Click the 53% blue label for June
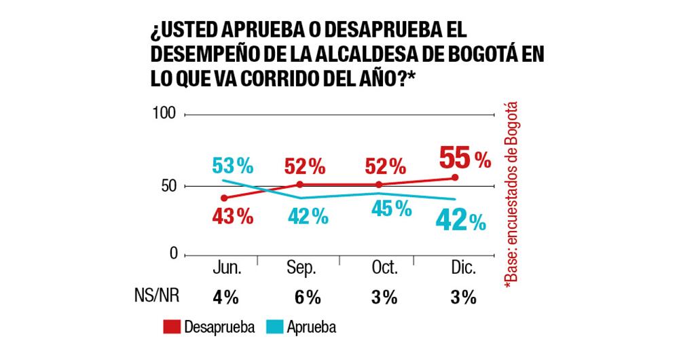click(232, 165)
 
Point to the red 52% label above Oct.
click(385, 165)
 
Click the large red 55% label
click(464, 158)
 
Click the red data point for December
click(454, 177)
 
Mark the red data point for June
click(223, 198)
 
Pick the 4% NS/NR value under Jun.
click(225, 298)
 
